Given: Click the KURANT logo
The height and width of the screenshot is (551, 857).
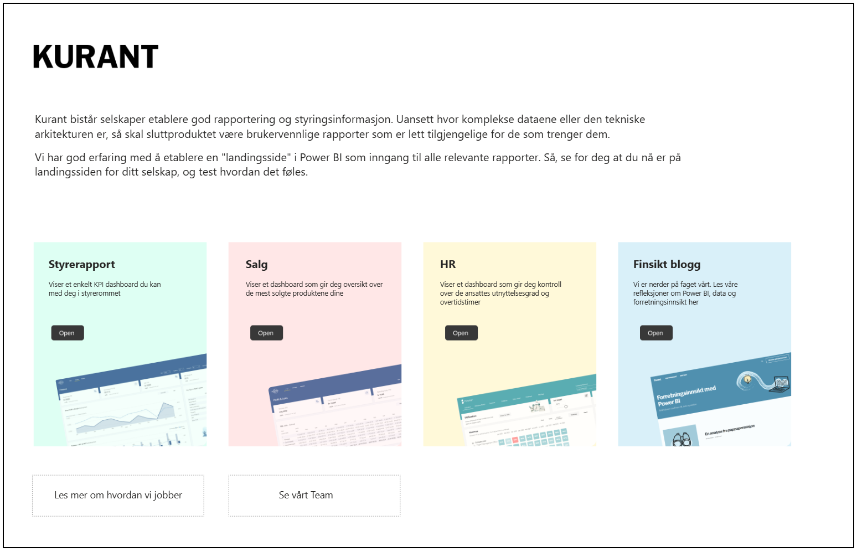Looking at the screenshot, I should (x=96, y=57).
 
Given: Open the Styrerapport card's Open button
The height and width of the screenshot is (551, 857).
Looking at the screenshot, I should (x=68, y=333).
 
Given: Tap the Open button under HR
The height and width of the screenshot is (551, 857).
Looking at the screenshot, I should (x=461, y=333).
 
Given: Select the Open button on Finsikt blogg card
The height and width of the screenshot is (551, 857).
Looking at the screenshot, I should (x=656, y=333).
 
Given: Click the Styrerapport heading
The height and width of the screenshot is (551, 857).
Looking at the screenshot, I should (x=82, y=265).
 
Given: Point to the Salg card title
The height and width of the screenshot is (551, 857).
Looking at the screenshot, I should (x=257, y=265).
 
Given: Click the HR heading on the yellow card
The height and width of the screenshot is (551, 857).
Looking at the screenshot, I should (x=448, y=265).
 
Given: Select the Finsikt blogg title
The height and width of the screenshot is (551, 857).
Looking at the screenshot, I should (x=667, y=265).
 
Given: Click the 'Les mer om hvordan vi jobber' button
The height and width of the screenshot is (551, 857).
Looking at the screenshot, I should (x=118, y=495).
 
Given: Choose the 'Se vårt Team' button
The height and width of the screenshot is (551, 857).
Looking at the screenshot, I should (x=306, y=495).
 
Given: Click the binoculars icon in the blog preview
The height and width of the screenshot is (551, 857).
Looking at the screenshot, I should (x=682, y=440).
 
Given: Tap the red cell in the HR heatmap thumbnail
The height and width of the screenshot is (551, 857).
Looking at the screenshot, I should (x=515, y=440).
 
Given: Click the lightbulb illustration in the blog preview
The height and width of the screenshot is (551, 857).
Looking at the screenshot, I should (x=747, y=379).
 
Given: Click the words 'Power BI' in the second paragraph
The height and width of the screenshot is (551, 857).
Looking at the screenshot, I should (x=321, y=158).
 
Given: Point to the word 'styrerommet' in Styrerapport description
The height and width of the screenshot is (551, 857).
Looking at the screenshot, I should (x=101, y=293).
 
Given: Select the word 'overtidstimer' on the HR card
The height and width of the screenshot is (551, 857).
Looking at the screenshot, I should (x=460, y=302).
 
